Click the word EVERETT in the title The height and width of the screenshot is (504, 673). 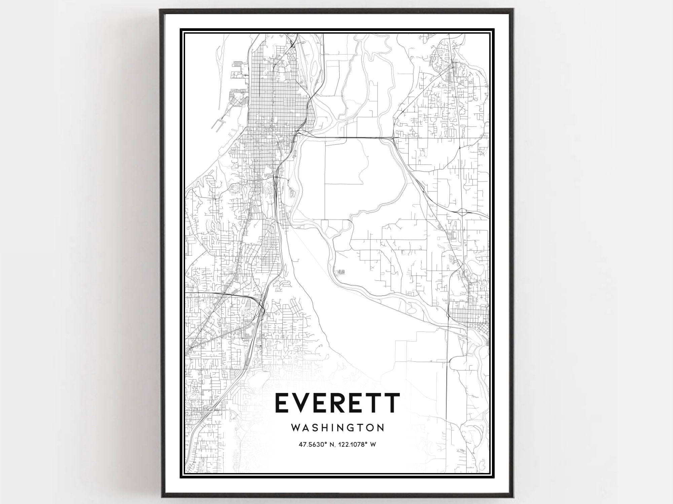338,403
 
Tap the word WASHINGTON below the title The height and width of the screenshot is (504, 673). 338,428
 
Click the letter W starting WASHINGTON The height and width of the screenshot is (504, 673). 296,428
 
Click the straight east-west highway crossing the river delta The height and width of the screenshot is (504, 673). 350,137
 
